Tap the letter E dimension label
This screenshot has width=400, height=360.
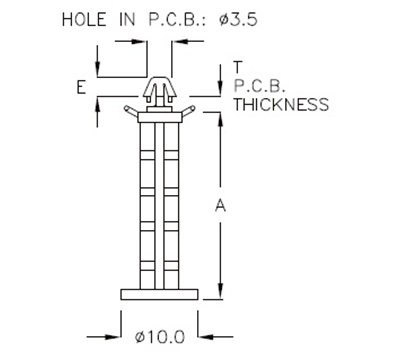click(79, 88)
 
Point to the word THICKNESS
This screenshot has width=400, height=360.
click(281, 103)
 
